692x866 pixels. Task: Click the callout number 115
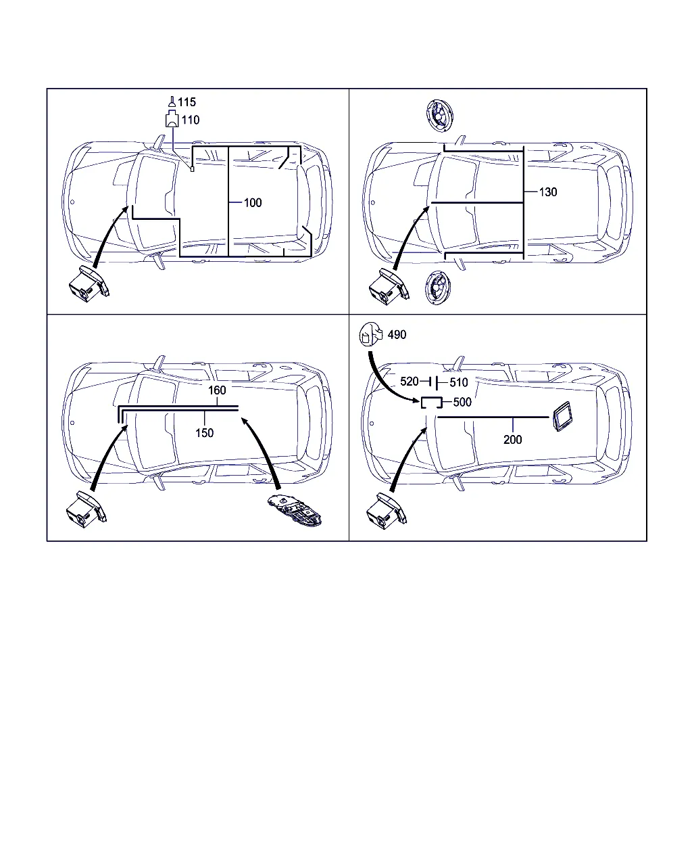point(187,101)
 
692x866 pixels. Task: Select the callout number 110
point(190,120)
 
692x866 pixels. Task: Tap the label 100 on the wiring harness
point(253,202)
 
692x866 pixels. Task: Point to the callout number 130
point(547,192)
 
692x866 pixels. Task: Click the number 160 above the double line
point(217,390)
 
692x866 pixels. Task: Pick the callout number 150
point(204,433)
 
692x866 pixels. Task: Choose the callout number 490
point(397,334)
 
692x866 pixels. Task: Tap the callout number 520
point(410,381)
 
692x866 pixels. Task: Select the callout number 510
point(459,382)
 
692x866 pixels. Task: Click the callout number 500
point(462,402)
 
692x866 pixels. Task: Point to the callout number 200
point(513,440)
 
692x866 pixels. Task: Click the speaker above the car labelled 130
point(439,116)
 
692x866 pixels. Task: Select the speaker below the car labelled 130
point(438,288)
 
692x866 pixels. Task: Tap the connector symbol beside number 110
point(172,120)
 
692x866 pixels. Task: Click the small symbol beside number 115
point(172,101)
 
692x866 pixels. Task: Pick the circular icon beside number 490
point(371,334)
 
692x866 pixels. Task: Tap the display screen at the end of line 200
point(562,416)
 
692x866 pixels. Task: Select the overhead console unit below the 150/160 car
point(295,510)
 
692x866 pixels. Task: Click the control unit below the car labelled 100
point(89,284)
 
